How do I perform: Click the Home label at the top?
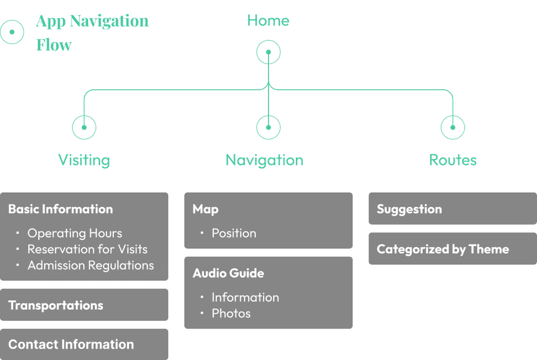[x=268, y=20]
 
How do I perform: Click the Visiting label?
[x=84, y=160]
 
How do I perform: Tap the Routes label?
[x=453, y=160]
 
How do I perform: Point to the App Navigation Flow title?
[x=92, y=33]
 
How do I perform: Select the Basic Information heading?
[x=61, y=209]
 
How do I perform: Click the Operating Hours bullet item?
[x=74, y=233]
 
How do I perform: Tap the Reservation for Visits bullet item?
[x=88, y=249]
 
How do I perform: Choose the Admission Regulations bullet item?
[x=91, y=266]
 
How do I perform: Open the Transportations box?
[x=84, y=305]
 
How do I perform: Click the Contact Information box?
[x=84, y=344]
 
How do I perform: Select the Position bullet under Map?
[x=234, y=233]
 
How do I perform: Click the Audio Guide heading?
[x=229, y=273]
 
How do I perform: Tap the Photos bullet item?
[x=231, y=313]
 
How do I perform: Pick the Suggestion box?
[x=453, y=208]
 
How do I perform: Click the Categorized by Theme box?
[x=453, y=249]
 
